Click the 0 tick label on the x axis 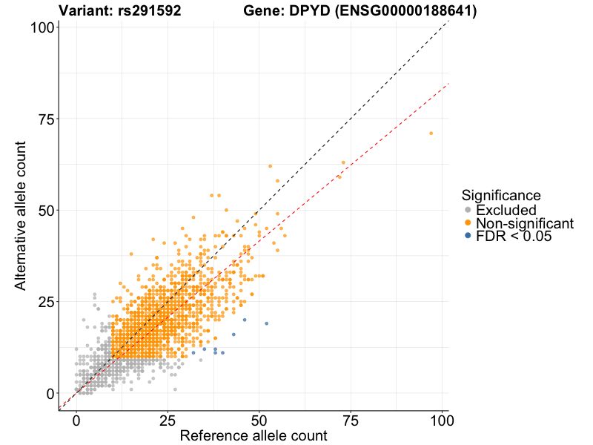point(76,421)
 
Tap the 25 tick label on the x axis point(168,421)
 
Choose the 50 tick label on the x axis point(259,421)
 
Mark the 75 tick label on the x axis point(351,421)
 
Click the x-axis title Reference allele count point(254,436)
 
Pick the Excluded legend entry point(506,211)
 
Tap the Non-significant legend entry point(524,223)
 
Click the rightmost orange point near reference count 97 point(431,133)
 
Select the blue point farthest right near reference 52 point(266,323)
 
